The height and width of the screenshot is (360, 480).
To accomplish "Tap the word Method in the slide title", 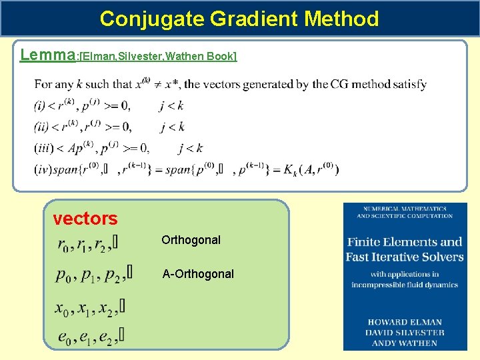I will tap(341, 19).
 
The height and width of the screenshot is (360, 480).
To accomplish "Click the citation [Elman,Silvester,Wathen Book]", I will tap(157, 56).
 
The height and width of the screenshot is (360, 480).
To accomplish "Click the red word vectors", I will tap(85, 219).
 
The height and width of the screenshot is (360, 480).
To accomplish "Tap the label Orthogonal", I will tap(191, 240).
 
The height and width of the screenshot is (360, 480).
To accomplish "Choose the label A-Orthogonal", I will tap(198, 274).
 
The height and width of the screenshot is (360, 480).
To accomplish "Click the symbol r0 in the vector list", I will tap(65, 245).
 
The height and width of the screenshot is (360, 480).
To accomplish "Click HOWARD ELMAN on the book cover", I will tap(405, 322).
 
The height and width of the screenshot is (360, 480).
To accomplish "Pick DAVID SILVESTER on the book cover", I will tap(405, 332).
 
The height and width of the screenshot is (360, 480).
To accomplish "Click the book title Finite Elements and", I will tap(405, 242).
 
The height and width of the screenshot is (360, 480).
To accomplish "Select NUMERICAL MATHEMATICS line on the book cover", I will tap(405, 208).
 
